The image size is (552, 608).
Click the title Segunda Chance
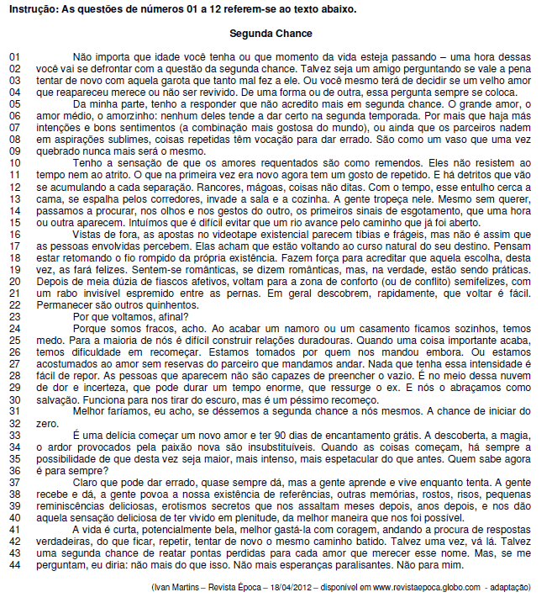271,34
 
